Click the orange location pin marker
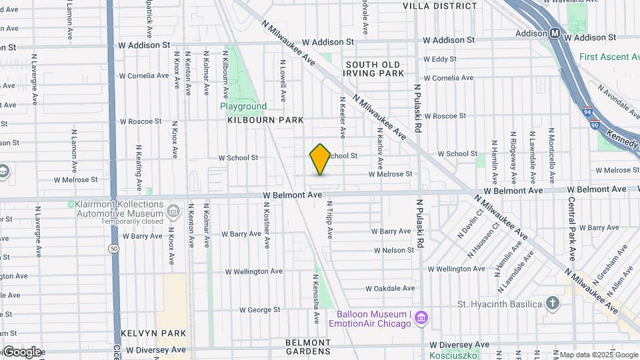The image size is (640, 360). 320,159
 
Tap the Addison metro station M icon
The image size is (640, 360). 555,33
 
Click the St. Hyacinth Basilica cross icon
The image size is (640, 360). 552,304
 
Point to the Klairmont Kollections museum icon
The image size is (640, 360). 173,212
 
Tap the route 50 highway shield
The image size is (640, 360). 113,248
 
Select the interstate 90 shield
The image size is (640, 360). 594,124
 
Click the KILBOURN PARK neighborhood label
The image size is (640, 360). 265,120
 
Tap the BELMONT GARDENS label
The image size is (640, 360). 307,347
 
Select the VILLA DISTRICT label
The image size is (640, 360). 440,6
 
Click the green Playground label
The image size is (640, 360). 243,106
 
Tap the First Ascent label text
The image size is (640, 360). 609,57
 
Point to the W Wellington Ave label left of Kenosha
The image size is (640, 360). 254,271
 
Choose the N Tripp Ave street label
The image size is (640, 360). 329,221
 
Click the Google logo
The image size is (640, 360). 21,352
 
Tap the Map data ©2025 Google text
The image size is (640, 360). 598,355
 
